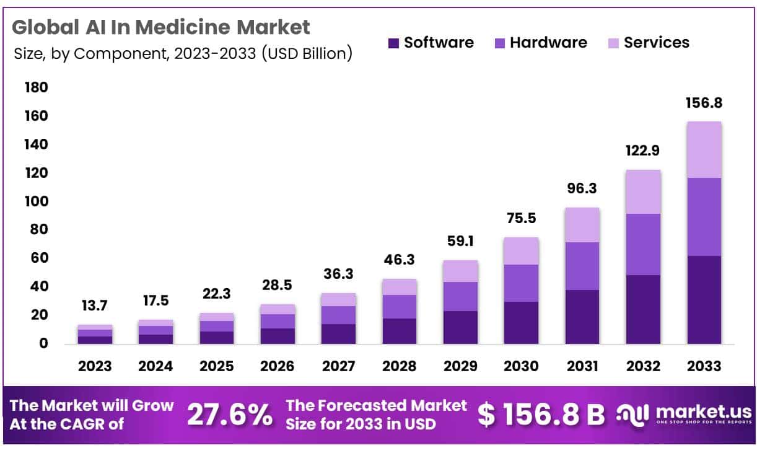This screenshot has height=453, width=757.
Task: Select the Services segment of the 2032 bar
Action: [643, 191]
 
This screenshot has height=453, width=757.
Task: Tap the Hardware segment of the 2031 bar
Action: [582, 266]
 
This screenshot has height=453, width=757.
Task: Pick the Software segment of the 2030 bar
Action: [521, 322]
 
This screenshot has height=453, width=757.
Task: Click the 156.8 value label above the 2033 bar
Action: [704, 103]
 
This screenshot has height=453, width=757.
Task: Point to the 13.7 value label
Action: [95, 305]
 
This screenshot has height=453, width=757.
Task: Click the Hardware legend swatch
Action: [499, 43]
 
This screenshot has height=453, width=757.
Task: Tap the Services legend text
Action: [656, 43]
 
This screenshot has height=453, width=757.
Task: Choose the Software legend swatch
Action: [393, 43]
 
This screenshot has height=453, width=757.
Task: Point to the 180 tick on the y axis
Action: [35, 88]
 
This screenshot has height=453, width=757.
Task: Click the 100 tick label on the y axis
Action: [35, 202]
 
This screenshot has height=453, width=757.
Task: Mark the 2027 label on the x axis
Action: [339, 366]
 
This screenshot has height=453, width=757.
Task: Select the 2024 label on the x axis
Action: [155, 366]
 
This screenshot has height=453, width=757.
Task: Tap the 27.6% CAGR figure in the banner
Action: [230, 414]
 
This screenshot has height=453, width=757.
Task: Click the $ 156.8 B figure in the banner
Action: [541, 415]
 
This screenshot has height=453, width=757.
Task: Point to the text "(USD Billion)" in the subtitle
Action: [307, 54]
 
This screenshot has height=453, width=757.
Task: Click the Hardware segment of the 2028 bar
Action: [400, 307]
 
